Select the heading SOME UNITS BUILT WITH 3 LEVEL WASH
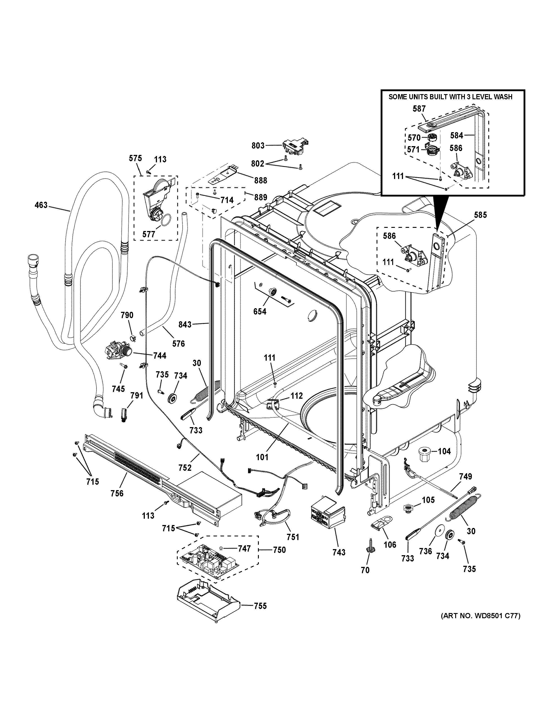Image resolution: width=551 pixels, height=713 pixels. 450,97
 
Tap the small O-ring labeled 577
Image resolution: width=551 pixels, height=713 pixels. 165,220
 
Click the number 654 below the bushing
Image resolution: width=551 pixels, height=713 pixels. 260,311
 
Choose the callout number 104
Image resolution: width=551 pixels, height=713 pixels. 444,451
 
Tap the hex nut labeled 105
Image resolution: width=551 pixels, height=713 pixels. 408,508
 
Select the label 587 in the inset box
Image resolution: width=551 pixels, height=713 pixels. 419,109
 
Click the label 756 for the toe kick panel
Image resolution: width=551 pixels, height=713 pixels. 117,493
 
